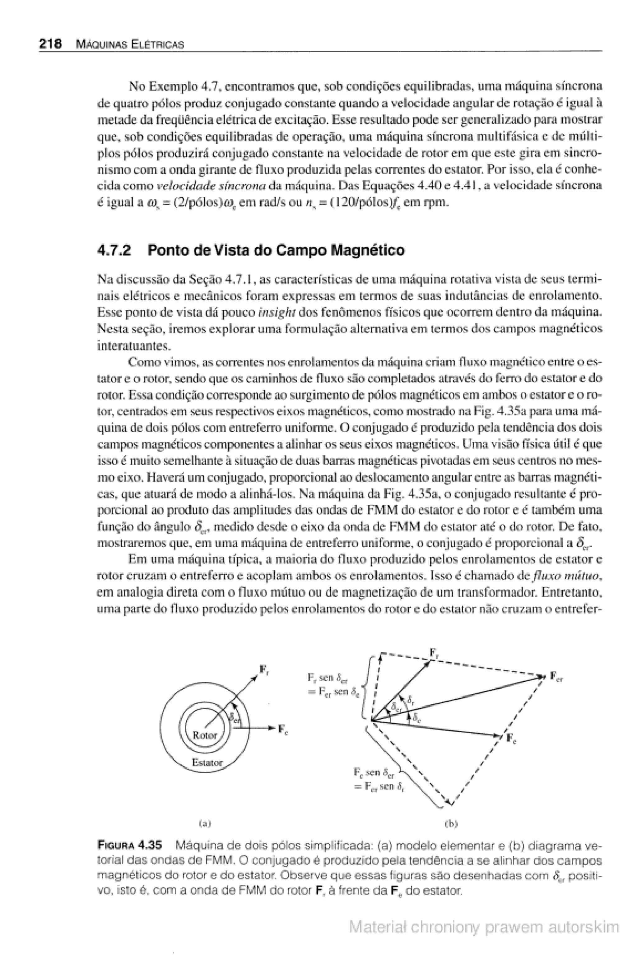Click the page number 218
click(50, 44)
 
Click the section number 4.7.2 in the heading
click(114, 250)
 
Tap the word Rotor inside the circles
click(204, 735)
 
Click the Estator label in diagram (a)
click(207, 762)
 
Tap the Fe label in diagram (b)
click(511, 739)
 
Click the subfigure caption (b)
click(451, 824)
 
